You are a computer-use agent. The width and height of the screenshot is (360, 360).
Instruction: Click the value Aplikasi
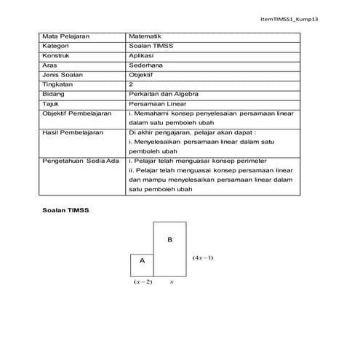pyautogui.click(x=142, y=55)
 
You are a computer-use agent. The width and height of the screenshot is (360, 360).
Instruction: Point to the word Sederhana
pyautogui.click(x=145, y=65)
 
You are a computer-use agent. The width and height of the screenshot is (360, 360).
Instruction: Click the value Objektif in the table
pyautogui.click(x=143, y=74)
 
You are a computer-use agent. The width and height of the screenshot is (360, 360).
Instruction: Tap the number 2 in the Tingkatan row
pyautogui.click(x=130, y=84)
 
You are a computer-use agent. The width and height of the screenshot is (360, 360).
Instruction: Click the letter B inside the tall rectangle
pyautogui.click(x=169, y=239)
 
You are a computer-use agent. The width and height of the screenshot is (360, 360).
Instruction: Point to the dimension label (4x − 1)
pyautogui.click(x=203, y=257)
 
